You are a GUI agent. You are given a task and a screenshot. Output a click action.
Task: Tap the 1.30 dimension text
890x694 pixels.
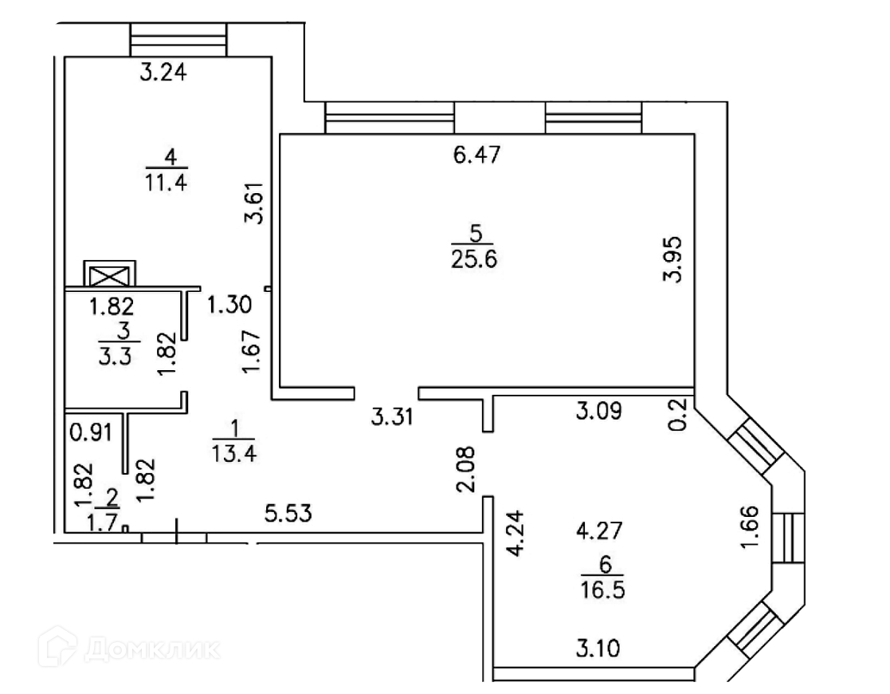tap(229, 304)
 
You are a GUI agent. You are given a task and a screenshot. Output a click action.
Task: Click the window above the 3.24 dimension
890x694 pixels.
tap(178, 39)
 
